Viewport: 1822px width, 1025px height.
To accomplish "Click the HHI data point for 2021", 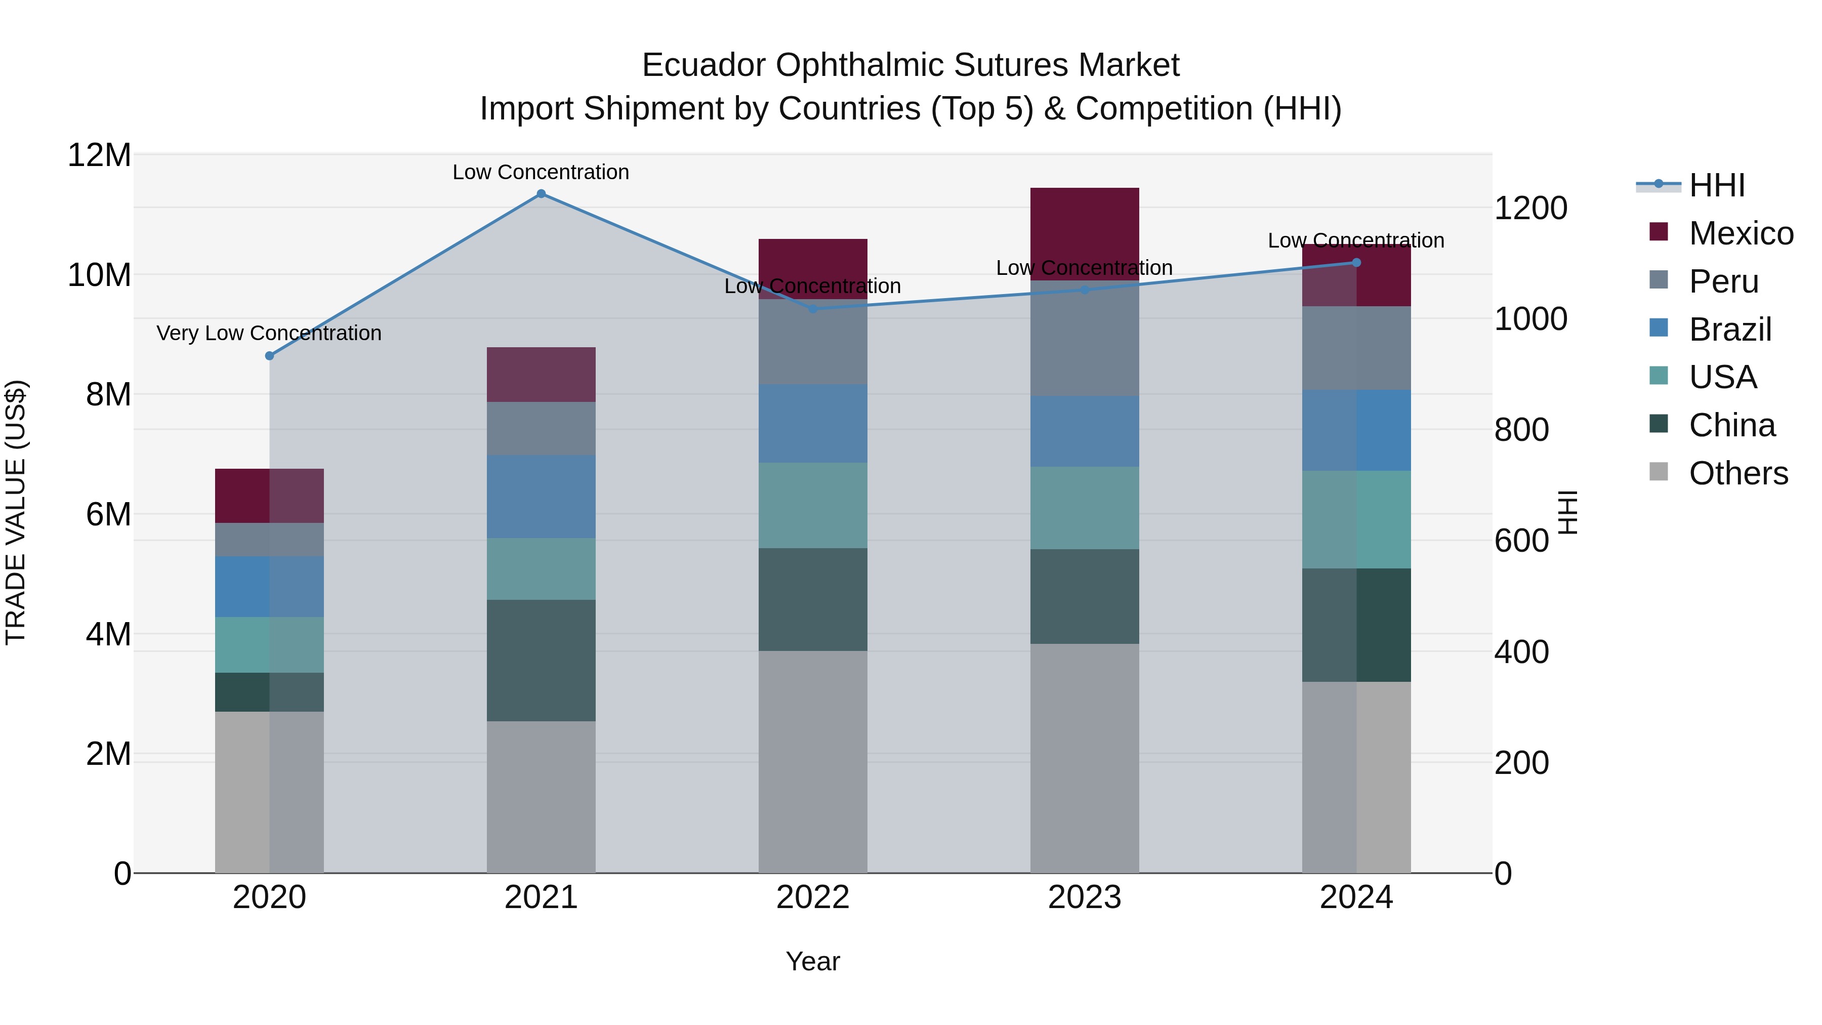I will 541,194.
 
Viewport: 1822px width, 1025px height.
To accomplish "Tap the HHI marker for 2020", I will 269,356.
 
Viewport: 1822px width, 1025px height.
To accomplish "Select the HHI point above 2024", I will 1356,262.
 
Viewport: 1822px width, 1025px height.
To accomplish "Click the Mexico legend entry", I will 1741,233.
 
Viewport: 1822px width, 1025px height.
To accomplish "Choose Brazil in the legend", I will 1730,330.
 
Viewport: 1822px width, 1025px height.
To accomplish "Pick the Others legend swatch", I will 1659,472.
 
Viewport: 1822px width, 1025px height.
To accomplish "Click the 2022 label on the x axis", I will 813,897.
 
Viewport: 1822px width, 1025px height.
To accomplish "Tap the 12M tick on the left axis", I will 99,155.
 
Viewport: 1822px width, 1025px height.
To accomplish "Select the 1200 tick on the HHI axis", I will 1530,208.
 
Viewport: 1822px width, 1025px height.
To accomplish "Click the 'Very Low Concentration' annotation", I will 269,333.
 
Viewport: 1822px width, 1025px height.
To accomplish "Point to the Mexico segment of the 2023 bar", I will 1084,233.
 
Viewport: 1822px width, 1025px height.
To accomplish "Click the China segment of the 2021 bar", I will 541,660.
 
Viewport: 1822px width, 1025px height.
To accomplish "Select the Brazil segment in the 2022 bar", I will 813,424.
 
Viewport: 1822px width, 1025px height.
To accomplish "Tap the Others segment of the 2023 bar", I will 1084,758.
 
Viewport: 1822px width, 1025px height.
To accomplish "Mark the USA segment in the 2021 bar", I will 541,569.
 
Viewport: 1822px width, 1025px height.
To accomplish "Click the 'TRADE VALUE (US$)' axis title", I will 16,512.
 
